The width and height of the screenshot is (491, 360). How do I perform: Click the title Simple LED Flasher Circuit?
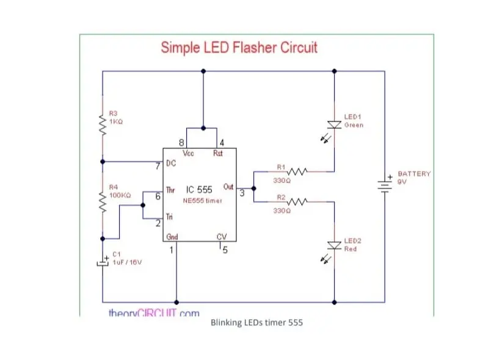239,48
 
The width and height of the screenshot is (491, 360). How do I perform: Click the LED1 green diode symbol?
334,124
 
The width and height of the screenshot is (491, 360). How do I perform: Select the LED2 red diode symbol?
334,245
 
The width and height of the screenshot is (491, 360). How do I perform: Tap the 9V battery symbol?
385,184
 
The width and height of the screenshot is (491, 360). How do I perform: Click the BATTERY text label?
414,173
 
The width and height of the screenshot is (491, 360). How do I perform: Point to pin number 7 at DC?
158,166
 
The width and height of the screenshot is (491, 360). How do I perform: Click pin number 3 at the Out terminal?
242,193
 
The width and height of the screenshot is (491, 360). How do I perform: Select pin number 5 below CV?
224,250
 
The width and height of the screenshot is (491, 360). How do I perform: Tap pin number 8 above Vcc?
181,143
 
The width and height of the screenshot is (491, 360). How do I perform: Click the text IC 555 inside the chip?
198,190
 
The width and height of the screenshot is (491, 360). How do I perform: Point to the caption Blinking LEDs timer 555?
256,322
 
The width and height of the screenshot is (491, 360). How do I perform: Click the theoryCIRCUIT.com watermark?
153,313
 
